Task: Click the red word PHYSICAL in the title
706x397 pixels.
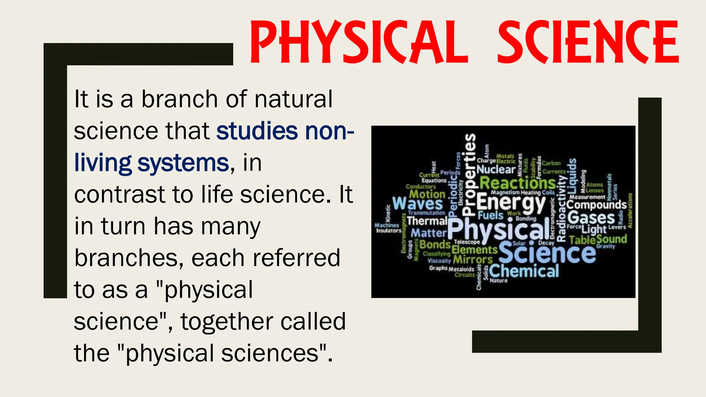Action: pos(359,42)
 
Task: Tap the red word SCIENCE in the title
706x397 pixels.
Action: pos(588,42)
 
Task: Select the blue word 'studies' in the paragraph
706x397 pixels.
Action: pos(257,131)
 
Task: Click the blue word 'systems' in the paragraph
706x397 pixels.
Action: pos(183,163)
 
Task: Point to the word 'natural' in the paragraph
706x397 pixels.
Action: pos(293,99)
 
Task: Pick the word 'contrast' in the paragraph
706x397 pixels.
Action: pos(119,194)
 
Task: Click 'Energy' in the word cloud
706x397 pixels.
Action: pos(511,203)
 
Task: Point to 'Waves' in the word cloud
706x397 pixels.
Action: pos(417,203)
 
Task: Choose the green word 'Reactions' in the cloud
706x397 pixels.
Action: pos(517,183)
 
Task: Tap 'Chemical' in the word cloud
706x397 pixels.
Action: pos(524,271)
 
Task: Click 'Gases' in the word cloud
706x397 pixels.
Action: pos(591,218)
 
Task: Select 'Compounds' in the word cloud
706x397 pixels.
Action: pos(596,205)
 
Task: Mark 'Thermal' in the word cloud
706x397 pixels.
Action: pos(427,221)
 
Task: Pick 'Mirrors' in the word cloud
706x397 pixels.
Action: pos(473,259)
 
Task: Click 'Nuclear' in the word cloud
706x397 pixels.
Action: pos(496,170)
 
